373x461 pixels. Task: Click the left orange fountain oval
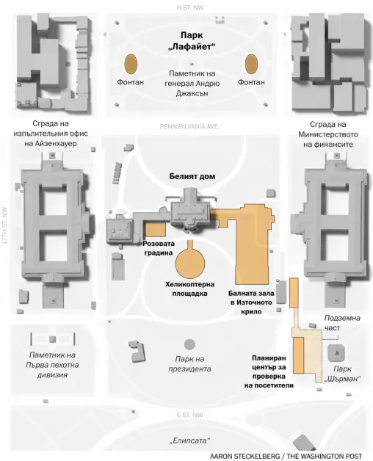[x=131, y=64]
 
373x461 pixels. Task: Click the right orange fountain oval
[x=251, y=64]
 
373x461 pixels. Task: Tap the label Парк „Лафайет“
[x=192, y=41]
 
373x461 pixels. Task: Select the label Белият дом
[x=192, y=176]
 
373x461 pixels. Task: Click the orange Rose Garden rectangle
[x=156, y=229]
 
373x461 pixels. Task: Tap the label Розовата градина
[x=159, y=248]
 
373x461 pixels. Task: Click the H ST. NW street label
[x=190, y=8]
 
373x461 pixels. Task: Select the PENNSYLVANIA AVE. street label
[x=189, y=127]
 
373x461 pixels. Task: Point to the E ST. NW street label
[x=190, y=415]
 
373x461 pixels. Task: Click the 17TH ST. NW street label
[x=4, y=226]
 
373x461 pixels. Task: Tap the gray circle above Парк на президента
[x=189, y=344]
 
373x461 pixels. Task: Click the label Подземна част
[x=342, y=323]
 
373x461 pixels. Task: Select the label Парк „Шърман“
[x=342, y=374]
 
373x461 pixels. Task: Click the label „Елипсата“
[x=189, y=440]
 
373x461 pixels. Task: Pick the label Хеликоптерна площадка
[x=189, y=289]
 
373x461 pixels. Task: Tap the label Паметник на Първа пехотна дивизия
[x=52, y=365]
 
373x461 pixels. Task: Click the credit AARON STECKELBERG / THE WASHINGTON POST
[x=286, y=456]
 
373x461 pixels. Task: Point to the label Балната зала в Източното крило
[x=251, y=302]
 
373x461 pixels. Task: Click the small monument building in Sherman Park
[x=336, y=353]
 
